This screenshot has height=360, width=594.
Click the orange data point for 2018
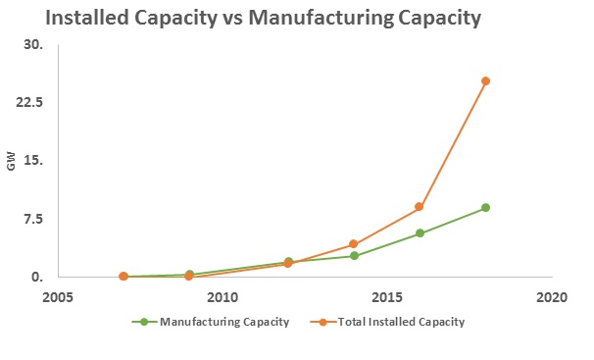coord(485,81)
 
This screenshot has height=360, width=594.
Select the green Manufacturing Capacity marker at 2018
coord(485,208)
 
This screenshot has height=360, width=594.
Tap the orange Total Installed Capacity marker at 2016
coord(420,207)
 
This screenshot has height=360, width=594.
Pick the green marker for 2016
coord(420,233)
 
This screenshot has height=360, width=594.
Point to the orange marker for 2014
coord(354,244)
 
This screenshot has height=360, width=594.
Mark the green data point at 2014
coord(354,256)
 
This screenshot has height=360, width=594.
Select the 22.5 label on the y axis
coord(31,103)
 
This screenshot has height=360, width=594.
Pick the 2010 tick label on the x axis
coord(223,296)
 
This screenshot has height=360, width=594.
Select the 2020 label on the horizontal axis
coord(552,296)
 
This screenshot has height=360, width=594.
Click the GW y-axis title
coord(11,163)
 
